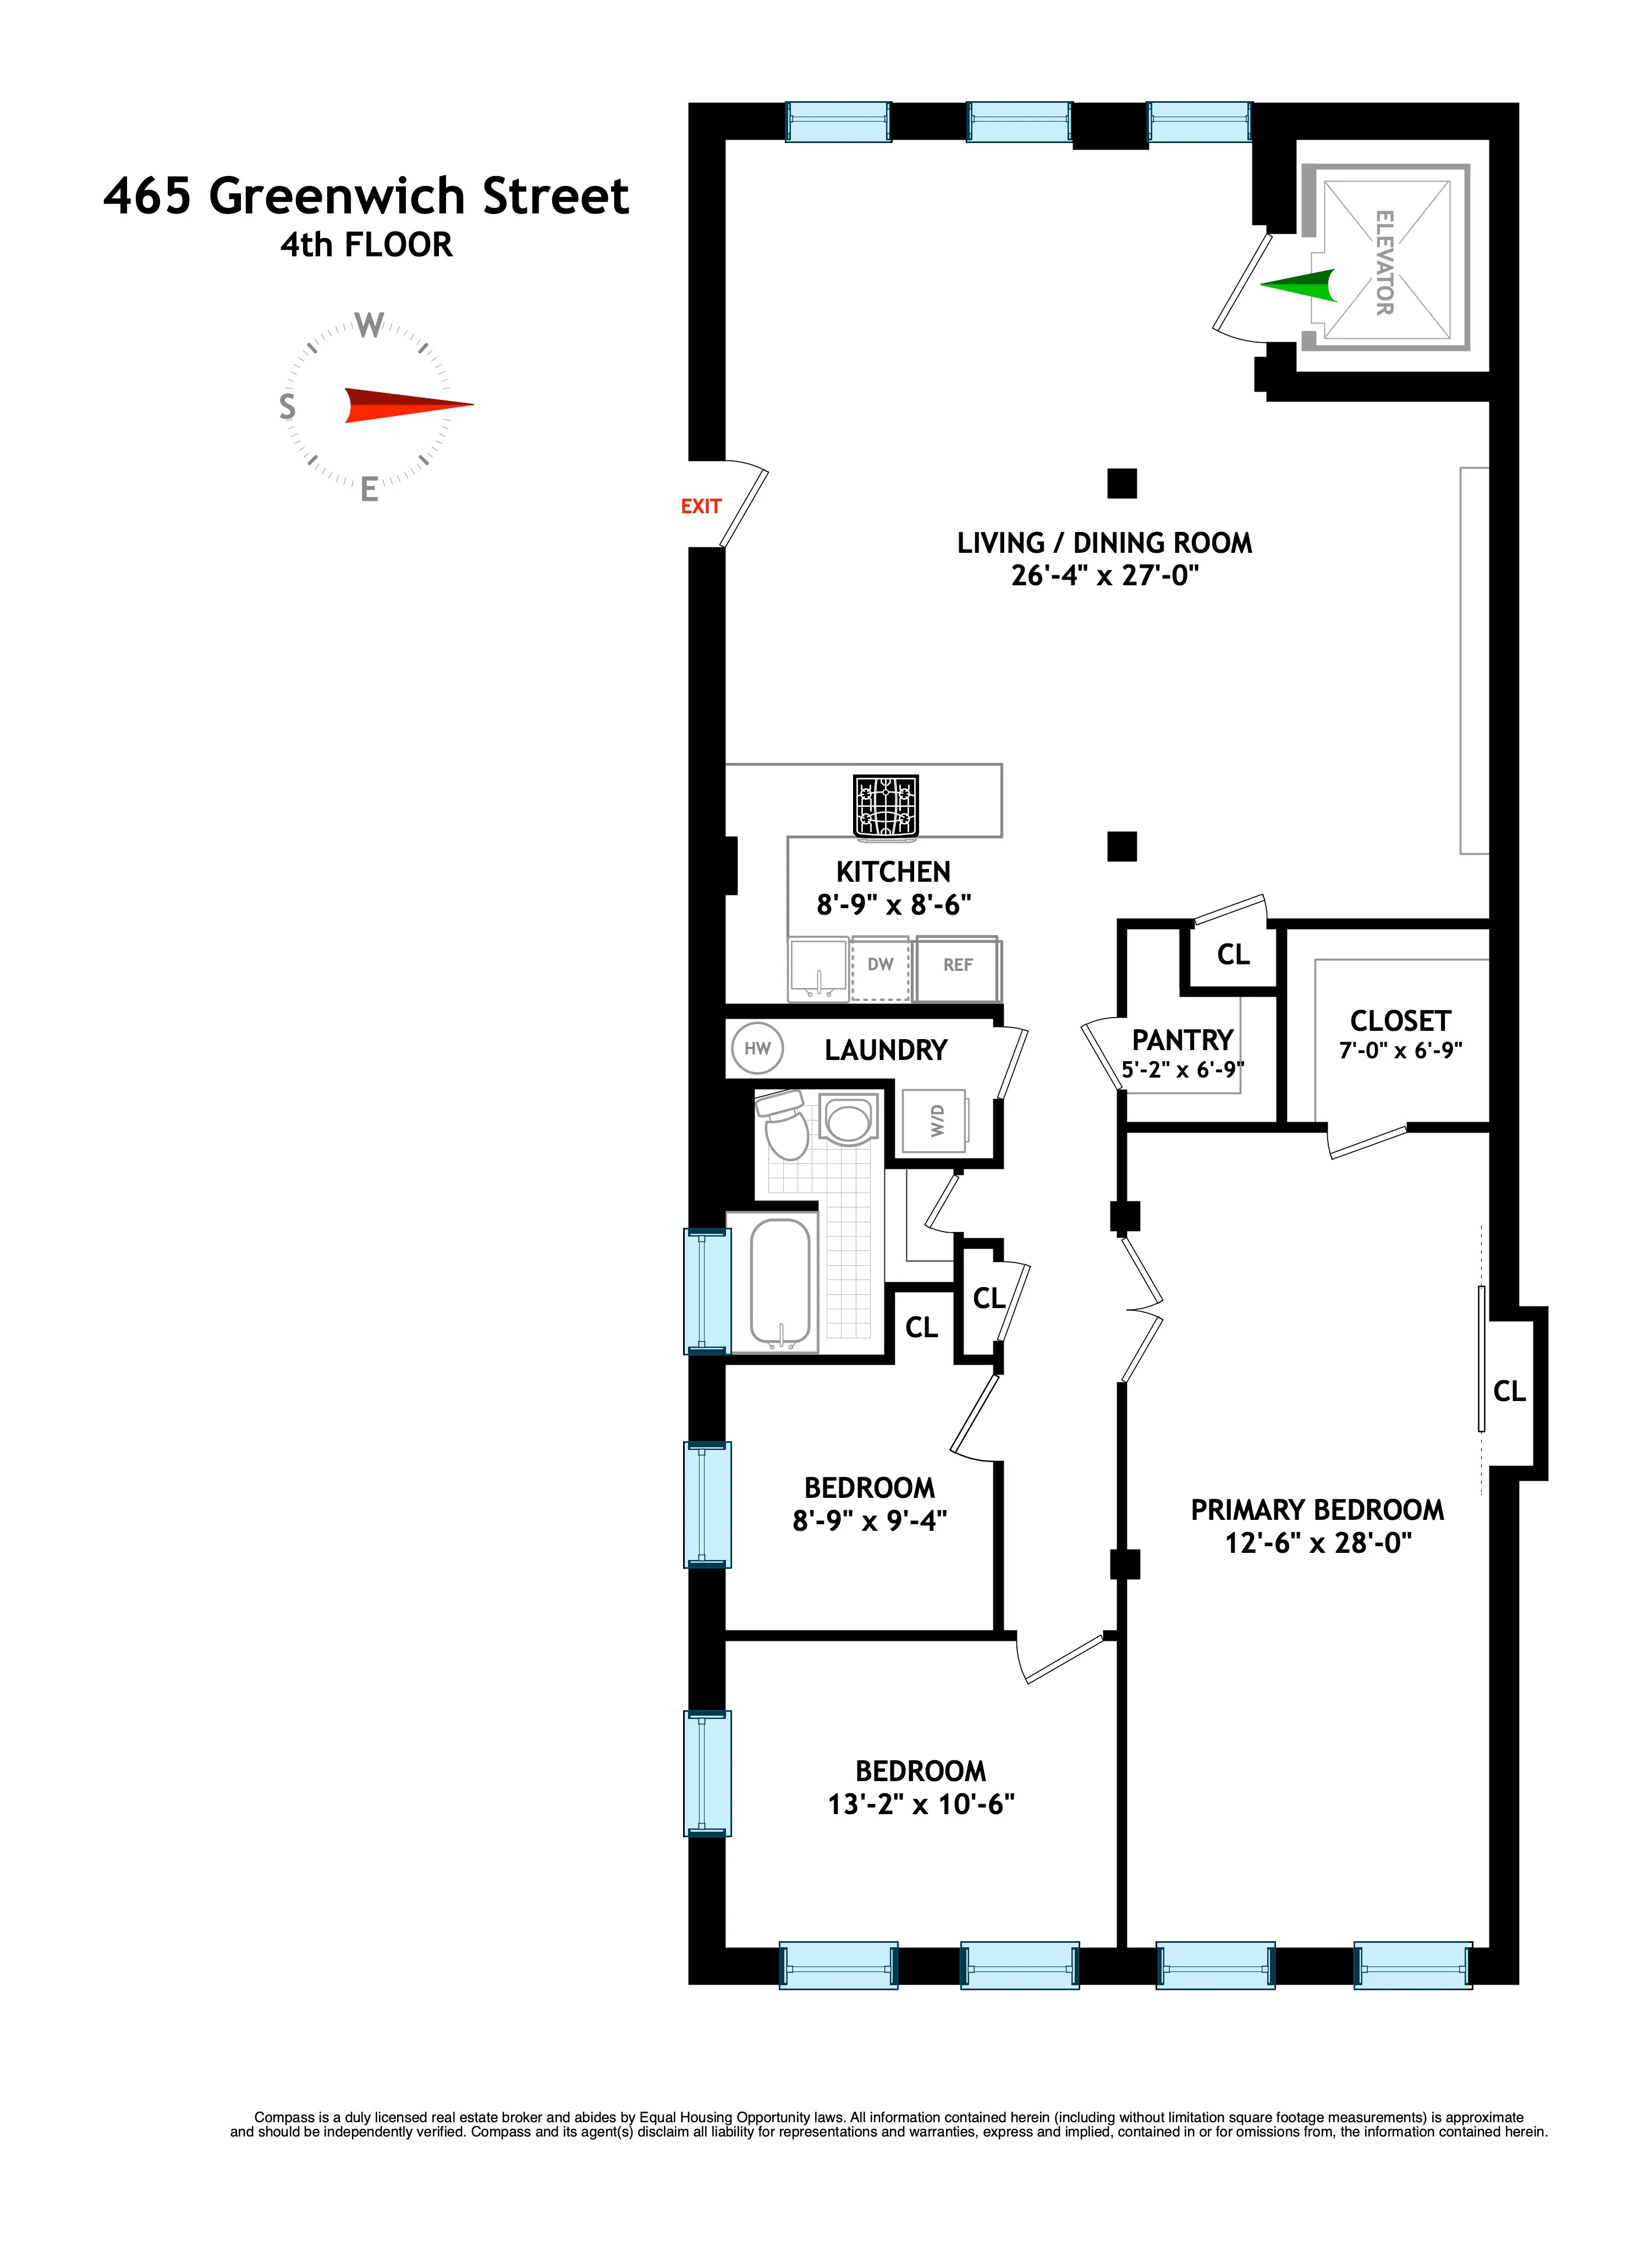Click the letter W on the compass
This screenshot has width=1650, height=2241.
[370, 326]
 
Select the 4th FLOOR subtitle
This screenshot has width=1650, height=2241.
[366, 245]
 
